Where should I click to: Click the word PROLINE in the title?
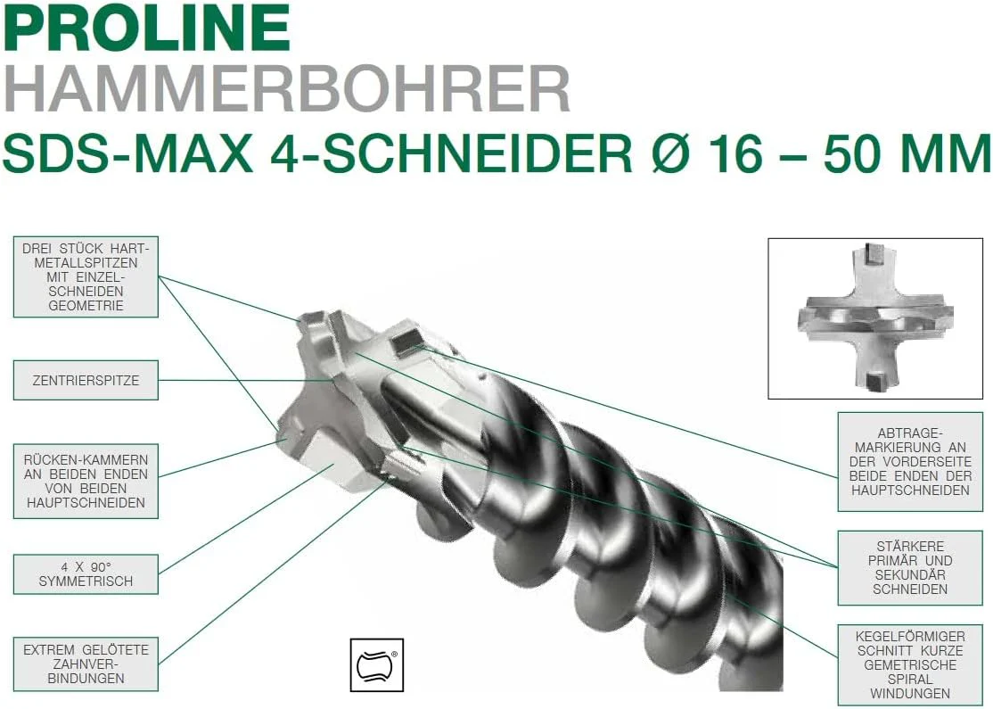pyautogui.click(x=146, y=28)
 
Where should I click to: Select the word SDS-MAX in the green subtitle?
pyautogui.click(x=128, y=153)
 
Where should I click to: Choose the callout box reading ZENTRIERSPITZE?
pyautogui.click(x=86, y=380)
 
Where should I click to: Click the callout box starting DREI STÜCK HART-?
pyautogui.click(x=86, y=276)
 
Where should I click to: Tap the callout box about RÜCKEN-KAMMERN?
pyautogui.click(x=86, y=481)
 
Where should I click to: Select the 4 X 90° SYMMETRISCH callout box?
pyautogui.click(x=86, y=574)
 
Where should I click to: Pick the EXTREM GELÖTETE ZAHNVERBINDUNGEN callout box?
pyautogui.click(x=86, y=664)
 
